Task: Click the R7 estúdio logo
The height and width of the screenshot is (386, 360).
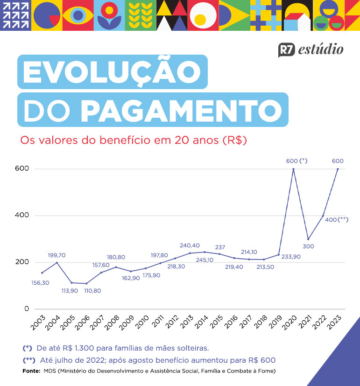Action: tap(311, 49)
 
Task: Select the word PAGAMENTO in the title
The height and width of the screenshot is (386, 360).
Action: tap(181, 110)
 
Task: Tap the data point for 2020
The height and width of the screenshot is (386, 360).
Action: tap(293, 169)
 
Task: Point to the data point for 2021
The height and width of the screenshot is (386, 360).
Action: tap(308, 239)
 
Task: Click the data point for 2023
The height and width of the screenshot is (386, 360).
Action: tap(338, 169)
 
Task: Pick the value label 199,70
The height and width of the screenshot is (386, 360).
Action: tap(56, 255)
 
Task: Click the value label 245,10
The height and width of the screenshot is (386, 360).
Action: tap(204, 260)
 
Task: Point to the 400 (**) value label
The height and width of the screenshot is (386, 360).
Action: tap(336, 219)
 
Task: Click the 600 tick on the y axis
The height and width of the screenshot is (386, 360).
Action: tap(22, 168)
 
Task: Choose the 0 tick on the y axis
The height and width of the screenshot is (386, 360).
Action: tap(26, 309)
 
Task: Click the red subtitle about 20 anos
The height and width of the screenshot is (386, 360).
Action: tap(133, 140)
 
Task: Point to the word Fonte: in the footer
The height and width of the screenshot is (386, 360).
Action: tap(31, 372)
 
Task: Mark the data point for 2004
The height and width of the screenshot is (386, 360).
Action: tap(57, 263)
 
